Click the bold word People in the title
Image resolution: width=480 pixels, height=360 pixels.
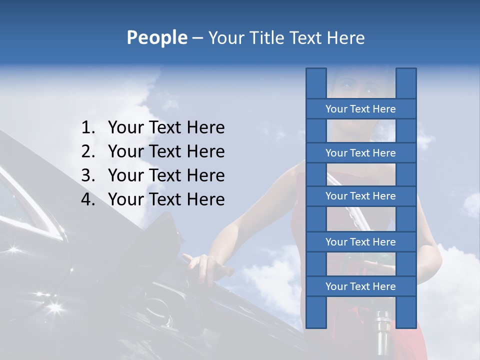click(x=157, y=37)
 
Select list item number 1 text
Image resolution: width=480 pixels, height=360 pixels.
click(x=166, y=128)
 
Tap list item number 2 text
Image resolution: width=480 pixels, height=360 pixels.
click(x=166, y=151)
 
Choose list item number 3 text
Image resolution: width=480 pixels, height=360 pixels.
click(x=166, y=175)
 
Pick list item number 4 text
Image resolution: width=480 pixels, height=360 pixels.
click(x=166, y=199)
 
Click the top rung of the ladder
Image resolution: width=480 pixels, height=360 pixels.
click(x=360, y=109)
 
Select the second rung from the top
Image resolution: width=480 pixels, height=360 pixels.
click(x=360, y=153)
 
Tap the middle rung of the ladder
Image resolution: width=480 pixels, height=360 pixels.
click(x=360, y=196)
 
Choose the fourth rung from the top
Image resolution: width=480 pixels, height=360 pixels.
click(x=360, y=242)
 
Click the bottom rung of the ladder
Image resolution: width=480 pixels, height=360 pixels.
click(x=360, y=286)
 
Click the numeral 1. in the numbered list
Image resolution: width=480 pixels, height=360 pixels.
click(x=87, y=128)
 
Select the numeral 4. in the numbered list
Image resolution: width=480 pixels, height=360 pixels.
click(x=87, y=199)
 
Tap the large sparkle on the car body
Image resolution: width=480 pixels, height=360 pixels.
click(x=54, y=306)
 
